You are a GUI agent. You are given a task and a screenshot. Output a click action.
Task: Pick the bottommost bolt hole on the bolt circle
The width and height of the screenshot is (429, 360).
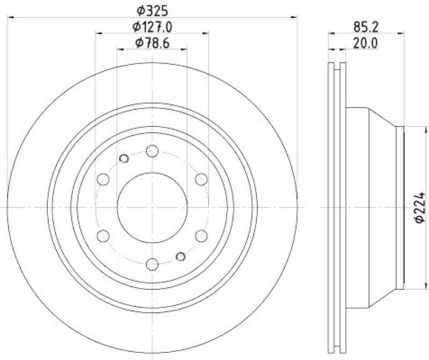click(152, 263)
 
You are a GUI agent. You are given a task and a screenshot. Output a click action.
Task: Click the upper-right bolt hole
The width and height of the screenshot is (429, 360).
click(201, 178)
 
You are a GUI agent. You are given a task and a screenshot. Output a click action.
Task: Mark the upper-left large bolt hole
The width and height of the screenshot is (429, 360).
click(103, 178)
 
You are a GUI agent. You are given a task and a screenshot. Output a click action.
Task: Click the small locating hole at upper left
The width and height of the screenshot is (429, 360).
click(124, 158)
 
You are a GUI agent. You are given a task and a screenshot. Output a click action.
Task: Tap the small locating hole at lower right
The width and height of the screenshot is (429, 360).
click(181, 256)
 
